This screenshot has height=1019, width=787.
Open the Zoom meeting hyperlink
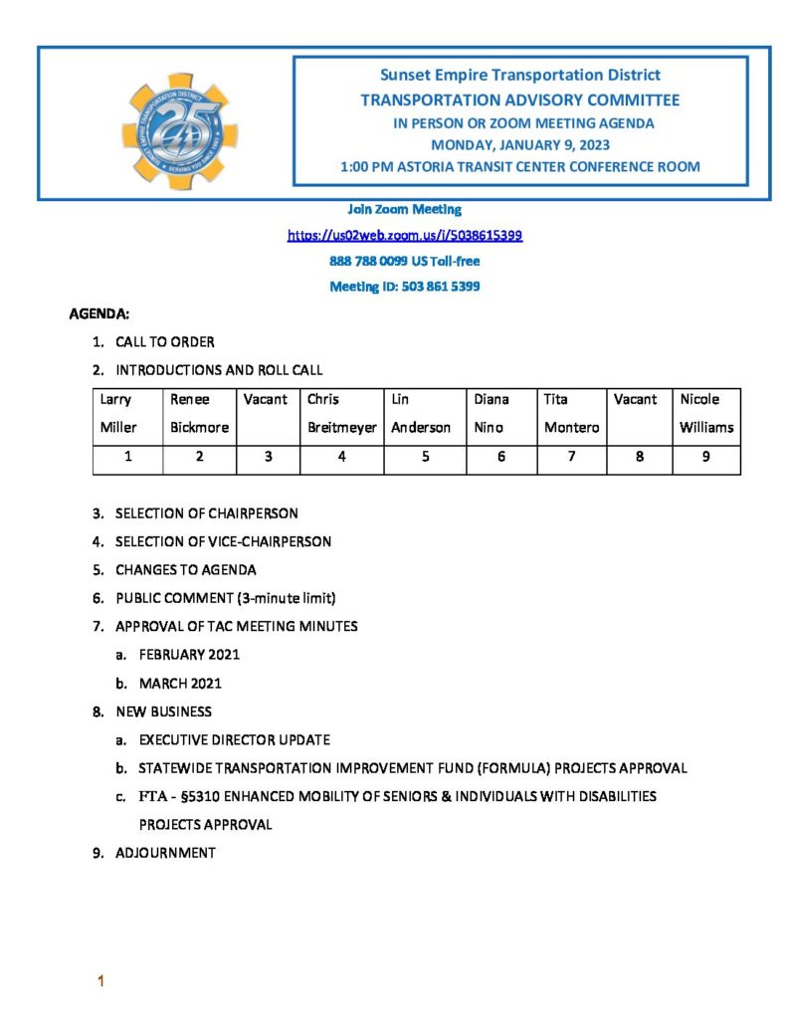coord(405,236)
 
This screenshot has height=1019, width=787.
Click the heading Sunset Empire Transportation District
coord(520,76)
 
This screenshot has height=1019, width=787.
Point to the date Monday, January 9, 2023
coord(520,145)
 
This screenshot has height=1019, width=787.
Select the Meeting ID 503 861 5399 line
coord(405,287)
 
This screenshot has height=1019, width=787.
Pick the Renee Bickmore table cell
coord(199,414)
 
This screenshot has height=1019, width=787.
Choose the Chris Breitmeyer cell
coord(341,414)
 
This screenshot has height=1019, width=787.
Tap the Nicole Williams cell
coord(706,414)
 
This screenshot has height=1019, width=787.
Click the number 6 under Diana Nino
coord(501,458)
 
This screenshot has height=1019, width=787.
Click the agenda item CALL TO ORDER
coord(164,342)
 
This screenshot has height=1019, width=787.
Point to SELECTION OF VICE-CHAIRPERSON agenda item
coord(223,542)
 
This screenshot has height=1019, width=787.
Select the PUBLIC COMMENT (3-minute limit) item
coord(226,598)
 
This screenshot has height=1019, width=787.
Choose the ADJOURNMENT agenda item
coord(165,853)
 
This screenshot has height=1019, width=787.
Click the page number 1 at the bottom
coord(99,983)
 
